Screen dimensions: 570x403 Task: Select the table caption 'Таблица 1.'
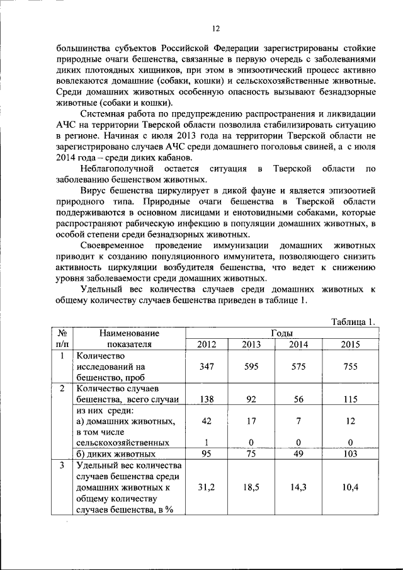pyautogui.click(x=353, y=322)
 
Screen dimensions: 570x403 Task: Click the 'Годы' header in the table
pyautogui.click(x=281, y=333)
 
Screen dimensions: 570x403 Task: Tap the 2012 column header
pyautogui.click(x=207, y=345)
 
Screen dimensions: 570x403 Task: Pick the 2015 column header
pyautogui.click(x=351, y=345)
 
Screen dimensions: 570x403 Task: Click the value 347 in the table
pyautogui.click(x=207, y=367)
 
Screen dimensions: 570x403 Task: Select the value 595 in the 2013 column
pyautogui.click(x=251, y=367)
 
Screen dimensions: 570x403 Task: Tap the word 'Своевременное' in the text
pyautogui.click(x=114, y=245)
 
